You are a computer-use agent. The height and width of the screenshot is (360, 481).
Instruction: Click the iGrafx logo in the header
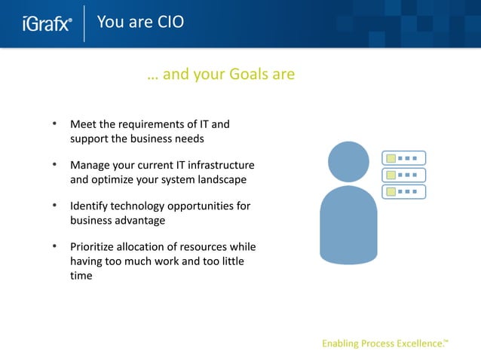47,23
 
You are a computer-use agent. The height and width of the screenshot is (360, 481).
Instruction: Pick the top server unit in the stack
403,158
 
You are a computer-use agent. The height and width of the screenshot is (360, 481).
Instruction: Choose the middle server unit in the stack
403,175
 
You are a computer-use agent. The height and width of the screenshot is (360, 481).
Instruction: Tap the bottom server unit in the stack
403,191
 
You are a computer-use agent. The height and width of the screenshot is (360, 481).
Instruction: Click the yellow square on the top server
390,158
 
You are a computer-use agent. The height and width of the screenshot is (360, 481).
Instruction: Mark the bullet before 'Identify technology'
54,206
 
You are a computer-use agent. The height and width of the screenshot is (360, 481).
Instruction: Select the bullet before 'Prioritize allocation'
54,246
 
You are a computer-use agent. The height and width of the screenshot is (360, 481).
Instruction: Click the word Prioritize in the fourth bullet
93,246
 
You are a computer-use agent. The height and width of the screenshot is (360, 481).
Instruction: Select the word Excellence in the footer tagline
415,344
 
